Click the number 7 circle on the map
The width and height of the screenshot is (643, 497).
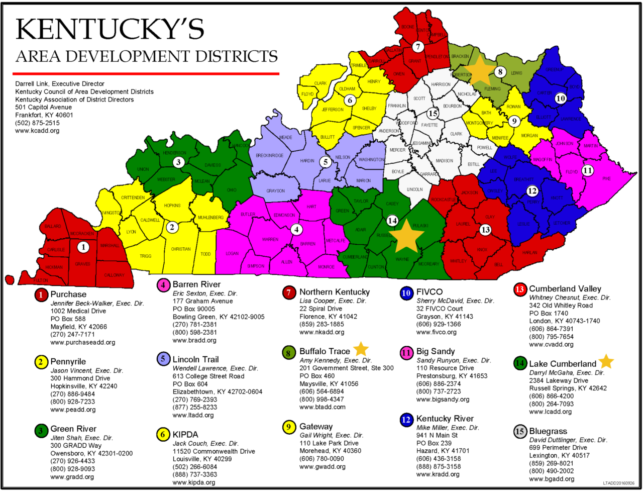418,47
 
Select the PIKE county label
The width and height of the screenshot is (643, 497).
606,178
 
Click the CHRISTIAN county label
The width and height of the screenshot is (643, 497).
181,249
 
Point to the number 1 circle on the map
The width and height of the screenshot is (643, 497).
83,247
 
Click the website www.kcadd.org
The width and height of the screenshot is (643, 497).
37,131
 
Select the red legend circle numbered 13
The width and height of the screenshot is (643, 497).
520,289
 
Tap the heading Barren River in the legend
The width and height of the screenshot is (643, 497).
196,284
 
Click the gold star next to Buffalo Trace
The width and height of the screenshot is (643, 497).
361,349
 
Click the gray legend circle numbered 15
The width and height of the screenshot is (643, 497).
520,431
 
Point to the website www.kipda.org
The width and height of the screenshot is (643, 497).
194,482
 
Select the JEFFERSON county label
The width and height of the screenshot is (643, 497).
333,110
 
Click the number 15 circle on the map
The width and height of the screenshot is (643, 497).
433,113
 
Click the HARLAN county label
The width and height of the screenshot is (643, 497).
529,253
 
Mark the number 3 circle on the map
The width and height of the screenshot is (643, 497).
178,162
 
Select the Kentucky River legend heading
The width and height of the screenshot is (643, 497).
445,419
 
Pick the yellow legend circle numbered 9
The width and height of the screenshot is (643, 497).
288,427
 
